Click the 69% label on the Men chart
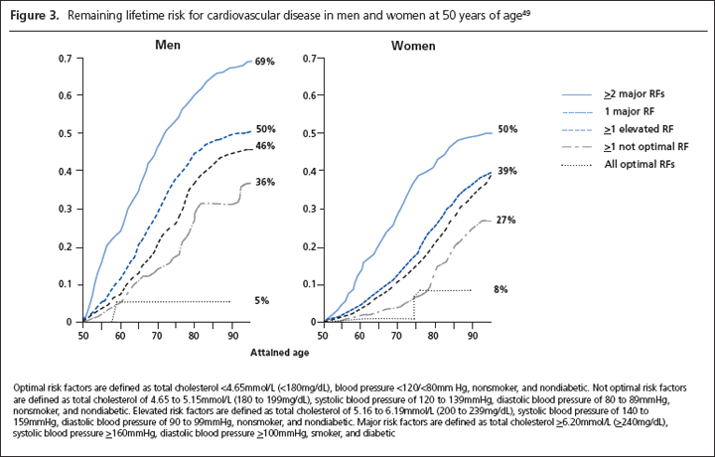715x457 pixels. coord(264,62)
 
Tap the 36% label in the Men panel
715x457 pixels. coord(264,182)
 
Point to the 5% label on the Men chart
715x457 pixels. coord(261,300)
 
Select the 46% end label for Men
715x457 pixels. coord(264,147)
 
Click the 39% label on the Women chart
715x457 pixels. coord(505,172)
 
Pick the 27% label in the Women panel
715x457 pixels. coord(505,220)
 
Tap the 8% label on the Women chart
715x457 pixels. coord(502,289)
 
